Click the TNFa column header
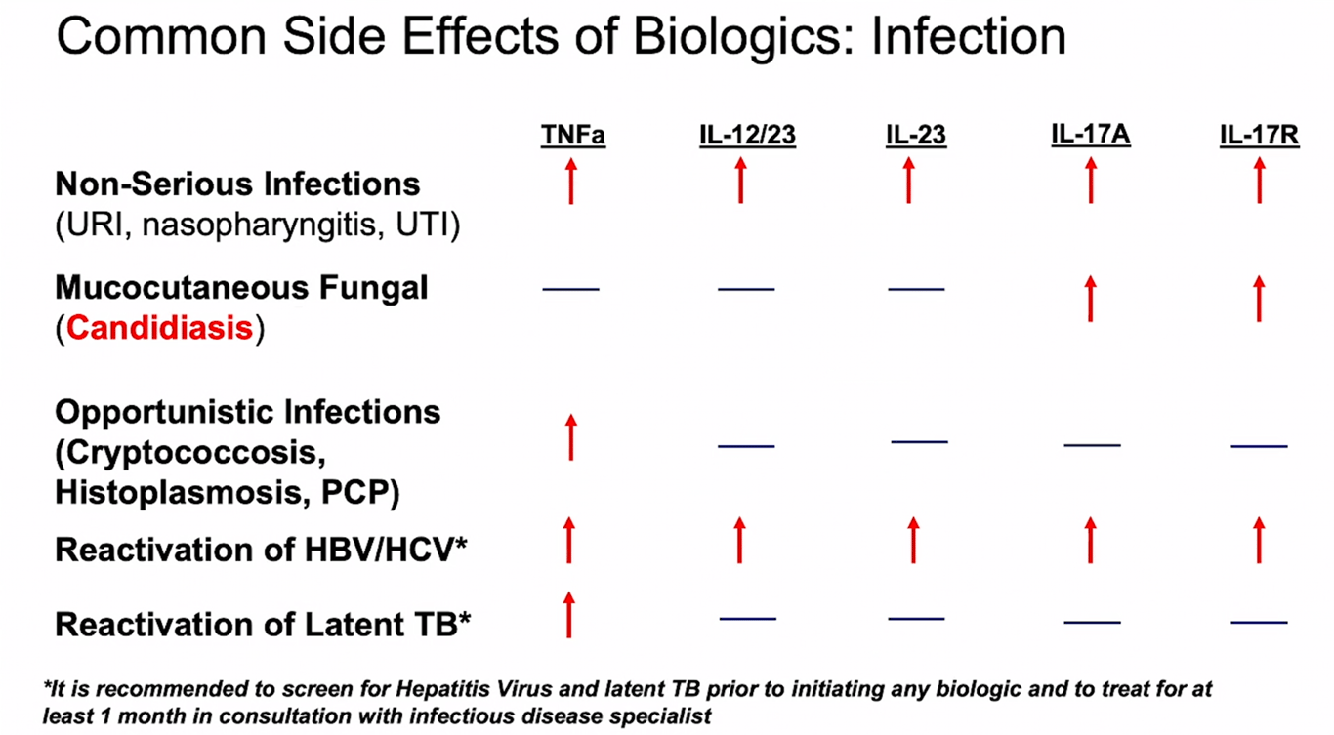pos(573,136)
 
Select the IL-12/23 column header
pos(747,136)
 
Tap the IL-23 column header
pos(916,136)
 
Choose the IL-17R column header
pos(1259,136)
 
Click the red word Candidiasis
pos(160,329)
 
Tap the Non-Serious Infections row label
pos(237,184)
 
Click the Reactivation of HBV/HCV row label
pos(261,550)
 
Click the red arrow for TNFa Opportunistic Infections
pos(571,437)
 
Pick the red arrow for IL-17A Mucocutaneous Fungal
pos(1091,299)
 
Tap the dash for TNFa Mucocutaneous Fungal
pos(571,289)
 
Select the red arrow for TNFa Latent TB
pos(570,614)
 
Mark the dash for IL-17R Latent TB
pos(1259,622)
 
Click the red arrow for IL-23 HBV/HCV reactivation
pos(913,541)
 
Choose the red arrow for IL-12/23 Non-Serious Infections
pos(741,181)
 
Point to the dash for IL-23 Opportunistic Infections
pos(919,442)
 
